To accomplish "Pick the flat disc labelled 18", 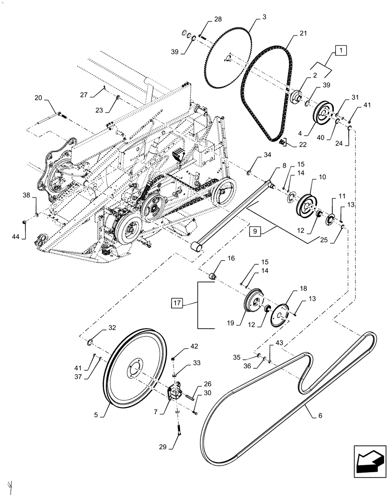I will [282, 314].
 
